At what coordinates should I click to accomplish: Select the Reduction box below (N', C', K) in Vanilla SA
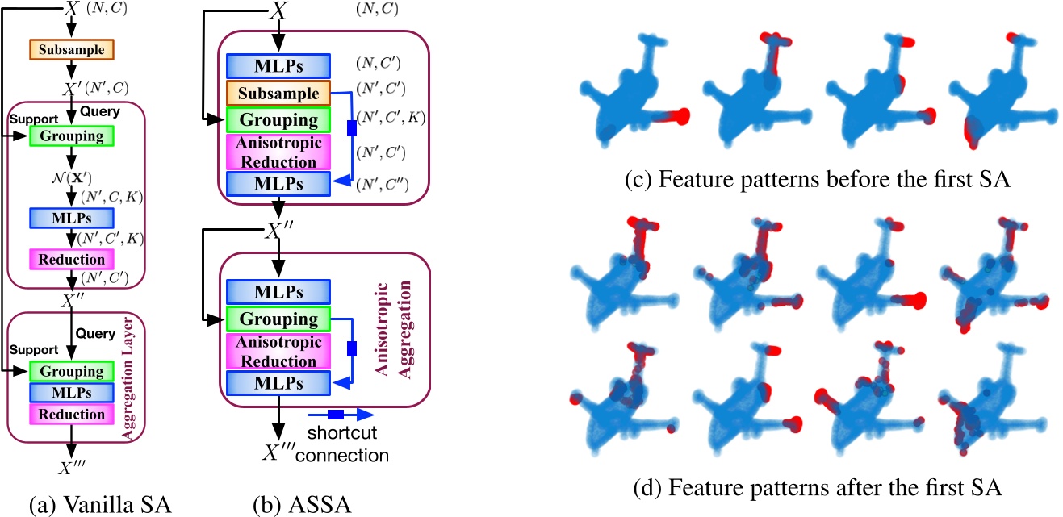tap(71, 259)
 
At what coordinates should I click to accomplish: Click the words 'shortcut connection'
tap(348, 446)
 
